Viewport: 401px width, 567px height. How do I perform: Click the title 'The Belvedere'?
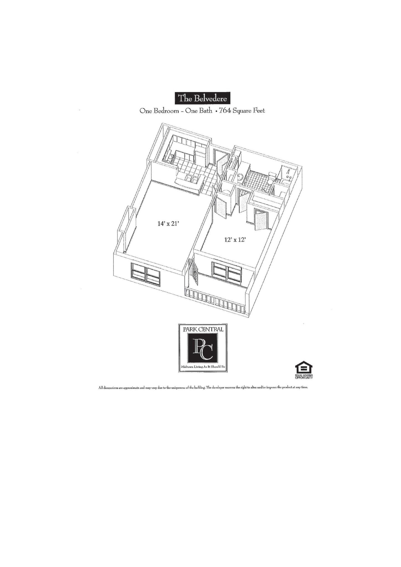(x=202, y=98)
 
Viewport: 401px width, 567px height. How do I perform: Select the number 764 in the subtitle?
(x=225, y=111)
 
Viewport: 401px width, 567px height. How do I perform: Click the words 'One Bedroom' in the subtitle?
(x=159, y=111)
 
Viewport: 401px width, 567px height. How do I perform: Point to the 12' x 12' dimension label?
(x=235, y=240)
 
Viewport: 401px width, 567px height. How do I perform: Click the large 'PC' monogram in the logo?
(x=203, y=348)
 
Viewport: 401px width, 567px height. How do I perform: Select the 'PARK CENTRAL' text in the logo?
(x=203, y=329)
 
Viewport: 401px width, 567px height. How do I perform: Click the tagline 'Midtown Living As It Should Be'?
(x=203, y=367)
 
